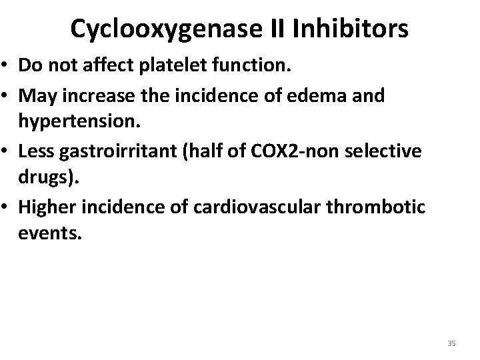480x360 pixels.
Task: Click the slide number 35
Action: pos(451,343)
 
